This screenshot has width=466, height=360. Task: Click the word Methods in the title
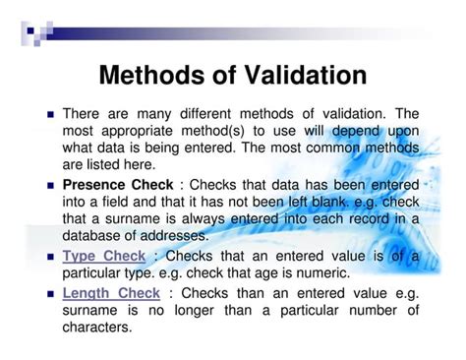[x=159, y=75]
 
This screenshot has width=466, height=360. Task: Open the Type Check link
[x=103, y=256]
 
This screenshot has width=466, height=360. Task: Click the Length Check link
[x=111, y=292]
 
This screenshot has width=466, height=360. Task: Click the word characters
[x=97, y=328]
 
